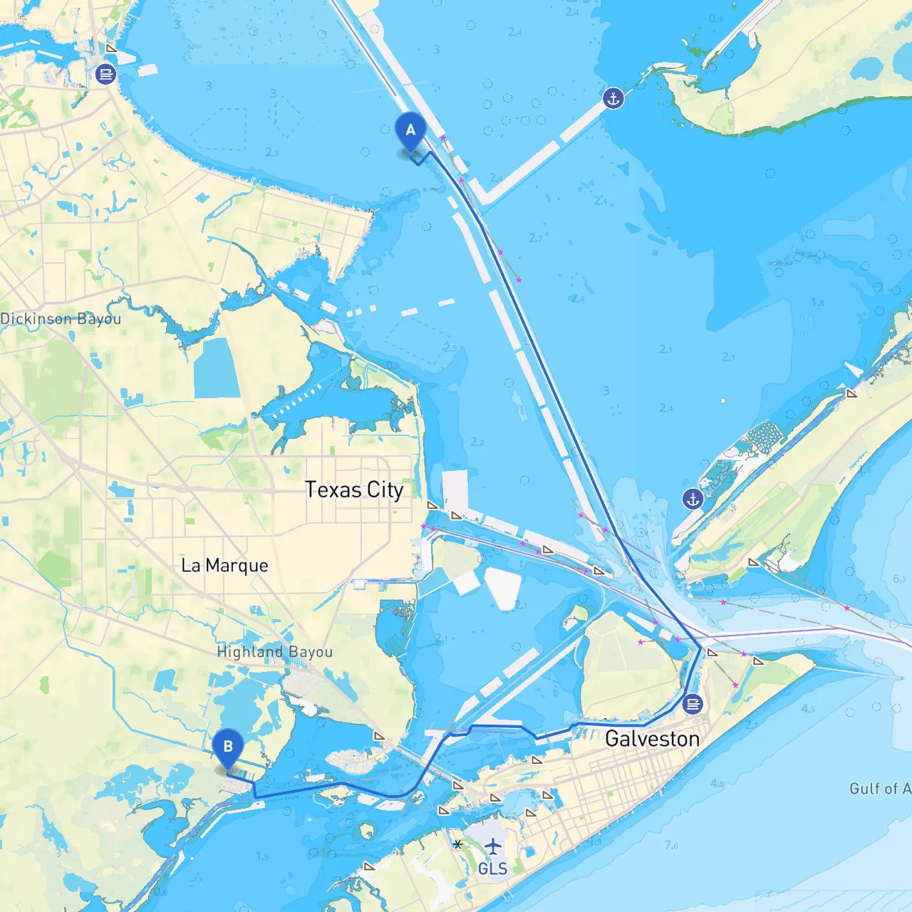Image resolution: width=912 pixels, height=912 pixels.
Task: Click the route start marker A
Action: (410, 131)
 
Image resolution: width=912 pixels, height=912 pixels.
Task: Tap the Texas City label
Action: (354, 490)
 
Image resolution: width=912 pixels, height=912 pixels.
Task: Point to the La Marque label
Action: (224, 566)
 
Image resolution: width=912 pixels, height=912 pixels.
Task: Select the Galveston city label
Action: (652, 739)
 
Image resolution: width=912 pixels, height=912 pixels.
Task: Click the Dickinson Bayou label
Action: (61, 318)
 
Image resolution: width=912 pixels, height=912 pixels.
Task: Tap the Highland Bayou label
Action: (274, 652)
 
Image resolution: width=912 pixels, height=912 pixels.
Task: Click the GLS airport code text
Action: (492, 869)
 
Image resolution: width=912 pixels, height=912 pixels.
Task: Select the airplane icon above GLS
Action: (492, 846)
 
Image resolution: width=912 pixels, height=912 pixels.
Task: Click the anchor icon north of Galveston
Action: (693, 499)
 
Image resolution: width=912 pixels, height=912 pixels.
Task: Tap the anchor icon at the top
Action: (613, 98)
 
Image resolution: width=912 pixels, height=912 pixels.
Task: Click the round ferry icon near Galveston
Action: (692, 705)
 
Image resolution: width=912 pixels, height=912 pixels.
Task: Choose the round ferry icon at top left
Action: (105, 73)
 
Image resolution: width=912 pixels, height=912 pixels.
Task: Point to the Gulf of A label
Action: (879, 788)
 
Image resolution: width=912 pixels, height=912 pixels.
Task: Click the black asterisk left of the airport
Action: (457, 844)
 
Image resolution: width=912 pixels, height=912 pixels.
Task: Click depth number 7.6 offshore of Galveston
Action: (671, 845)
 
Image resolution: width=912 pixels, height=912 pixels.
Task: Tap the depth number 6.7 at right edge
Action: (899, 579)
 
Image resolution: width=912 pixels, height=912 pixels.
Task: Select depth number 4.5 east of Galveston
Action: (807, 709)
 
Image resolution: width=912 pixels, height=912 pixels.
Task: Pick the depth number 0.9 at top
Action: (715, 19)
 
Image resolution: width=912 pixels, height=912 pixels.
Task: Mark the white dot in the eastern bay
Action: (722, 401)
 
